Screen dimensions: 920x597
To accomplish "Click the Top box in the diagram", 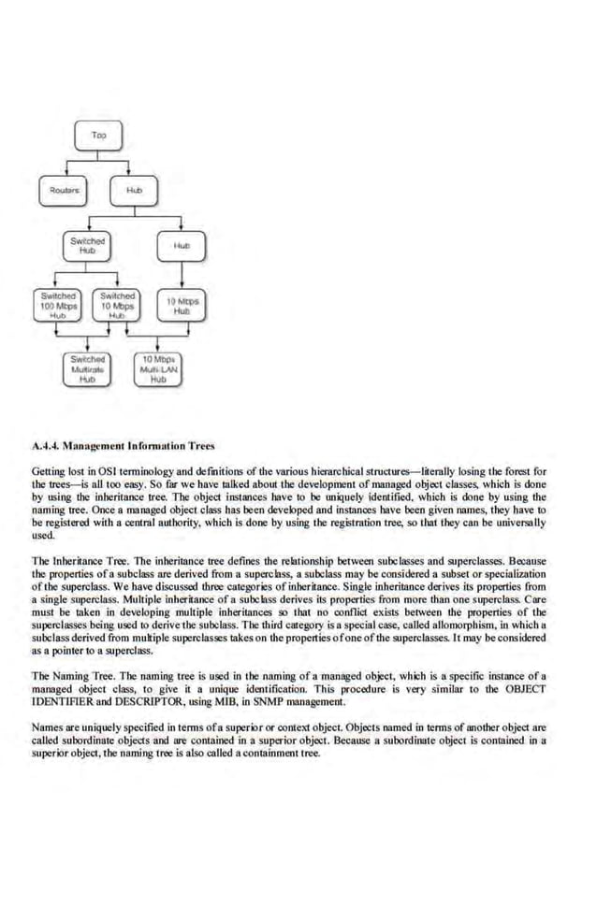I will point(97,137).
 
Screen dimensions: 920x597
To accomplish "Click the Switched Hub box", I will point(87,246).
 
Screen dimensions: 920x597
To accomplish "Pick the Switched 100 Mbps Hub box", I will point(59,304).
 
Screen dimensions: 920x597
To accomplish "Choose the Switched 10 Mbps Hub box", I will point(115,304).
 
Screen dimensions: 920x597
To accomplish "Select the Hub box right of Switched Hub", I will point(181,245).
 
